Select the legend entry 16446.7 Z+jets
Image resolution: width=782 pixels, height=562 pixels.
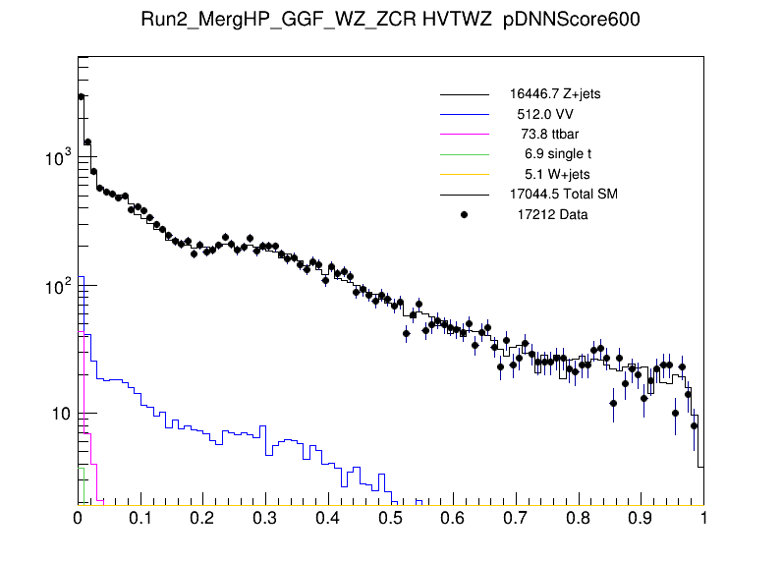(x=562, y=94)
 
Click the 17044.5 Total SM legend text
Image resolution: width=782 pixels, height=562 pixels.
(x=563, y=194)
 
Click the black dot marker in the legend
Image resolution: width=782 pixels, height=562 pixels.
(x=465, y=214)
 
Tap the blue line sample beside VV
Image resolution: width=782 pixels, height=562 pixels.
(x=465, y=114)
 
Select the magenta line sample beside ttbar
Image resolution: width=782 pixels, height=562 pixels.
(x=465, y=134)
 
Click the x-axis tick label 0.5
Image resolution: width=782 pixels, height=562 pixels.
(x=391, y=517)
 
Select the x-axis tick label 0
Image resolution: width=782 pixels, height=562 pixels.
(x=79, y=517)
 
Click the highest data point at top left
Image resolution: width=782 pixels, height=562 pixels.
(x=82, y=96)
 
